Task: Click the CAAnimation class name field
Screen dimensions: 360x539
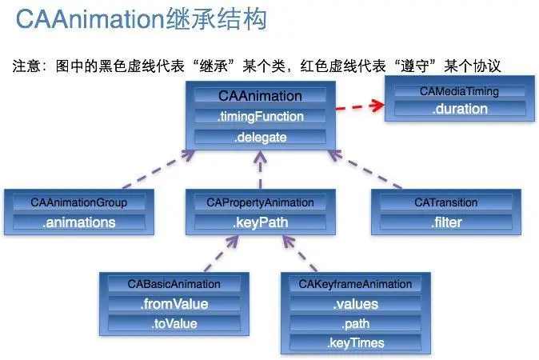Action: click(260, 96)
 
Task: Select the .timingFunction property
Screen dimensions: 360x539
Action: click(260, 117)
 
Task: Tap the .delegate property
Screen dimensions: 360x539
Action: click(260, 137)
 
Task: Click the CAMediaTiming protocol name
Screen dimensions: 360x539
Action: click(458, 91)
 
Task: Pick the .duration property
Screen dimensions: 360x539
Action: click(458, 110)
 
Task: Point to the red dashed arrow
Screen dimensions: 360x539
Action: click(357, 106)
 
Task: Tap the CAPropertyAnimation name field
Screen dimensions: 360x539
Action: click(254, 202)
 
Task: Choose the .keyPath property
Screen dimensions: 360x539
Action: click(254, 222)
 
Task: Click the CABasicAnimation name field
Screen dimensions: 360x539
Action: click(174, 284)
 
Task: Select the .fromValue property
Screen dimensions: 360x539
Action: click(174, 304)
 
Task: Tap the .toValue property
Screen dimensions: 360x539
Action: click(174, 324)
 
